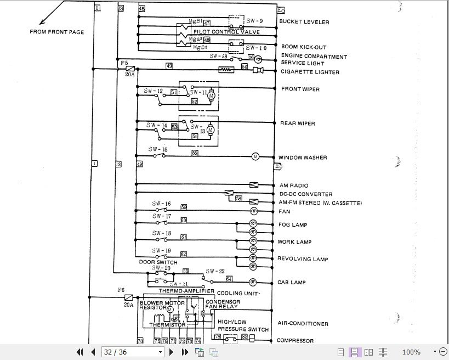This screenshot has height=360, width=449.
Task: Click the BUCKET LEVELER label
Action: (x=304, y=22)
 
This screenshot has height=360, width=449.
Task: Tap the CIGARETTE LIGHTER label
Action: (x=310, y=72)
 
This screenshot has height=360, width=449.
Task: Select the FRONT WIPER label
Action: (x=300, y=89)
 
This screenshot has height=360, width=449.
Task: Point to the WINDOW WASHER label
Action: (x=303, y=157)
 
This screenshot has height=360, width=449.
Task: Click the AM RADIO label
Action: (x=294, y=185)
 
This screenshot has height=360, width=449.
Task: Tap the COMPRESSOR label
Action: (x=295, y=340)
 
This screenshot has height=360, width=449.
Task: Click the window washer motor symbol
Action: (x=255, y=157)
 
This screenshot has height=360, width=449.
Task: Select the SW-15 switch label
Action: (x=158, y=149)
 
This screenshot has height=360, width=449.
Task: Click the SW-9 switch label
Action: (x=254, y=20)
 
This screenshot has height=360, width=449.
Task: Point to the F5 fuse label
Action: (x=124, y=63)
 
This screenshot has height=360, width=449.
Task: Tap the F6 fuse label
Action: (x=121, y=290)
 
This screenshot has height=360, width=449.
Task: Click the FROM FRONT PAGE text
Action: (x=57, y=32)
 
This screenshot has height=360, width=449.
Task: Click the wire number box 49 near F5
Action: (x=169, y=66)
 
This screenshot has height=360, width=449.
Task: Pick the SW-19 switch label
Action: (x=161, y=250)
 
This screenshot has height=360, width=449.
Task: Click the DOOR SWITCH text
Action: (x=158, y=262)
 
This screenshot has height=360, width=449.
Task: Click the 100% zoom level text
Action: (x=411, y=352)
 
